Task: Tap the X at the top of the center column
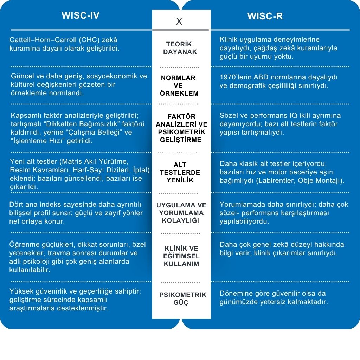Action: (179, 22)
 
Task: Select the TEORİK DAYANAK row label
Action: (181, 48)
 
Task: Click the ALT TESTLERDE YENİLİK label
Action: (180, 173)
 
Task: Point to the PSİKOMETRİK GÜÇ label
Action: (183, 299)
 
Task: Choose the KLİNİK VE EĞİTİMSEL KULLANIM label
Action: (181, 256)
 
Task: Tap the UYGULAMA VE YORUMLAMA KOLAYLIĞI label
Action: (181, 213)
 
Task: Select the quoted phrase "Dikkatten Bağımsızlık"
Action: (72, 124)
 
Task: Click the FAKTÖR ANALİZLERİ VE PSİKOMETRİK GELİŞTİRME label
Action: (181, 128)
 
